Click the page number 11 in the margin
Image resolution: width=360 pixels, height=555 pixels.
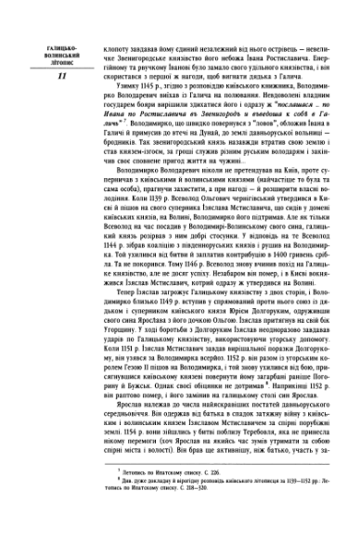pos(45,75)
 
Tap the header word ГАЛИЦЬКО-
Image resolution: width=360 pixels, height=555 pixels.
pos(45,45)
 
